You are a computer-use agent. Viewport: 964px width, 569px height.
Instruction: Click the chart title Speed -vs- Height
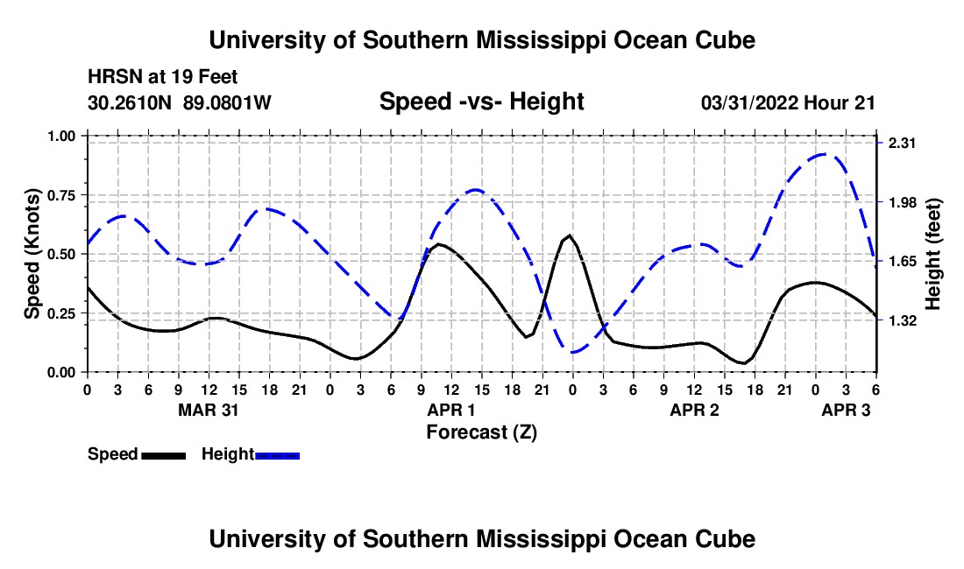(481, 102)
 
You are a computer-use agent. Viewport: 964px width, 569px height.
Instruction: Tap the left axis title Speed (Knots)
(32, 254)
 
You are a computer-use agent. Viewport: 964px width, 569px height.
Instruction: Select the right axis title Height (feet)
(932, 254)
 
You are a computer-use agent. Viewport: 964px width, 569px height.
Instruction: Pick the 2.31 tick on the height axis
(902, 143)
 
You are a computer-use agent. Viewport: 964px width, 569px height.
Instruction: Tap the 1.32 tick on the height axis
(902, 320)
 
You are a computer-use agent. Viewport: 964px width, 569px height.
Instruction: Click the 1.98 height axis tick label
(902, 202)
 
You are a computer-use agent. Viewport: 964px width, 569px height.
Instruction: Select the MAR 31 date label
(209, 410)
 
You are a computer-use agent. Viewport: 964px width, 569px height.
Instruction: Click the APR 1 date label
(450, 410)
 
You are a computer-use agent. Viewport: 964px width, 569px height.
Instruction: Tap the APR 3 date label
(846, 410)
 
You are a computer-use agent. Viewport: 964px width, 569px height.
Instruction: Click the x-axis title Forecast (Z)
(481, 432)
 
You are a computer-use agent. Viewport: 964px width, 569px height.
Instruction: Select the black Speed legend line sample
(163, 455)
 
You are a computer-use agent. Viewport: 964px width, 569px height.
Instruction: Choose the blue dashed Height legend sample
(277, 455)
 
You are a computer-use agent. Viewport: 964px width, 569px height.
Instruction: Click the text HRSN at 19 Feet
(163, 78)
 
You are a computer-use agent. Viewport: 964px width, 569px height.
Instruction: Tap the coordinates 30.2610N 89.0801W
(180, 102)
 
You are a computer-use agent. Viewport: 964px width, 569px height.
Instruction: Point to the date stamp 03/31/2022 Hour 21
(788, 102)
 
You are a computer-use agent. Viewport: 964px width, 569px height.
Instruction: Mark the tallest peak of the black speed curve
(570, 235)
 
